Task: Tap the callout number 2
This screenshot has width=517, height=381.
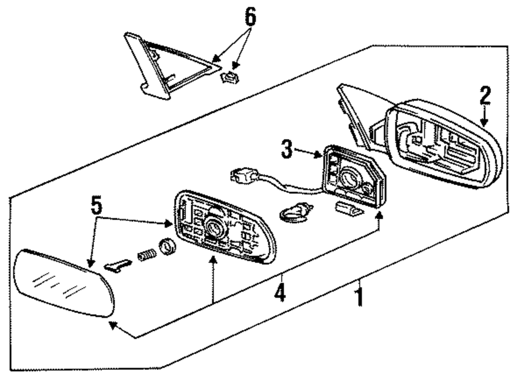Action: (484, 96)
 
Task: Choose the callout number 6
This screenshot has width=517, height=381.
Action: (249, 18)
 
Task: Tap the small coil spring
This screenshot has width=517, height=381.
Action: (146, 255)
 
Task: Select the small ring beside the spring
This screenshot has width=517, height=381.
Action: (166, 247)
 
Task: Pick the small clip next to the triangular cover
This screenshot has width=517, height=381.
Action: (227, 78)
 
